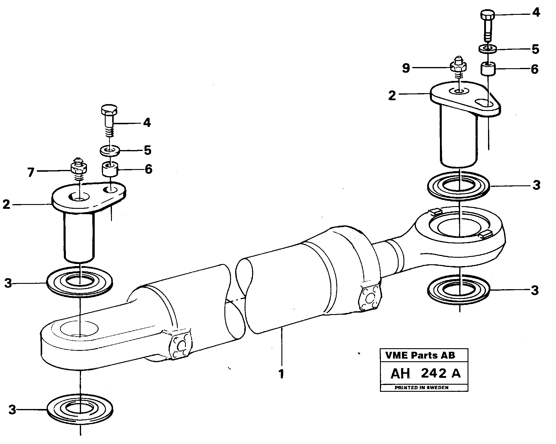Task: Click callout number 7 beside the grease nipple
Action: pos(31,172)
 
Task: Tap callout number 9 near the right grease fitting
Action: pos(406,69)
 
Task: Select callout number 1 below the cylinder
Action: pos(281,374)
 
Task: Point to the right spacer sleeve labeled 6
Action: pos(488,69)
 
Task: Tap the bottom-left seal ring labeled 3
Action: pos(80,410)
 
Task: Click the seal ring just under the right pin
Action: pos(459,186)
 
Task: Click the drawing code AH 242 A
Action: pos(425,373)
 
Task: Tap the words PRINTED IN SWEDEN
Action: pos(421,387)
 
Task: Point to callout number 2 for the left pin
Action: pos(7,205)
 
